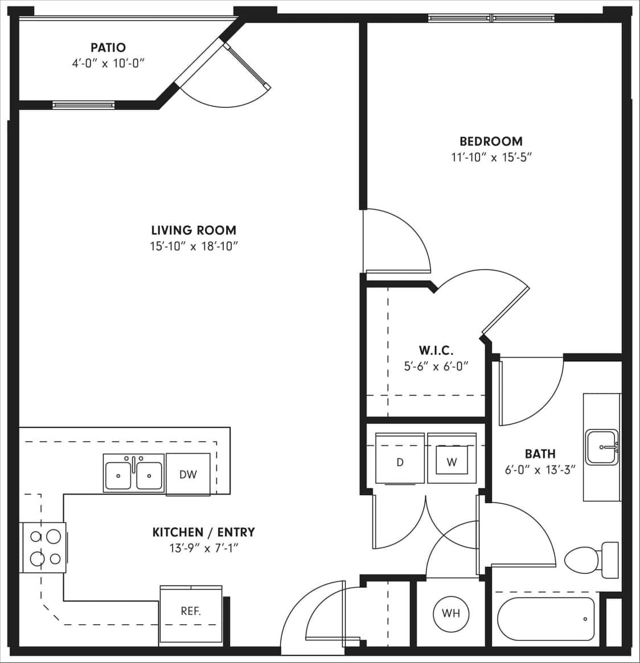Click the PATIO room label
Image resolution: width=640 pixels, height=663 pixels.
click(108, 47)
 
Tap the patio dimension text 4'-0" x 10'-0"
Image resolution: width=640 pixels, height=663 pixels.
click(108, 63)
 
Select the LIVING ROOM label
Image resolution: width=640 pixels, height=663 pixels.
click(194, 230)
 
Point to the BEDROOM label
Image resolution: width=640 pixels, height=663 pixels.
click(491, 141)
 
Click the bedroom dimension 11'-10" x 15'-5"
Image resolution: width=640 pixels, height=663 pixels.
click(491, 157)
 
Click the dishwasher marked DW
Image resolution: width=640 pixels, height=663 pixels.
click(188, 474)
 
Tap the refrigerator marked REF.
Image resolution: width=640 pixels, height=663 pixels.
click(191, 612)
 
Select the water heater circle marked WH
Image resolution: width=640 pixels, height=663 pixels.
click(451, 613)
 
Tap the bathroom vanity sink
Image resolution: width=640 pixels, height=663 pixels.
click(601, 447)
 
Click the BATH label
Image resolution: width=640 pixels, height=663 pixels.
click(540, 454)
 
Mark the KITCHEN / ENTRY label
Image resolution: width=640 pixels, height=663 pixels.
click(203, 532)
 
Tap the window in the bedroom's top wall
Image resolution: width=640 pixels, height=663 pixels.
click(491, 18)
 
